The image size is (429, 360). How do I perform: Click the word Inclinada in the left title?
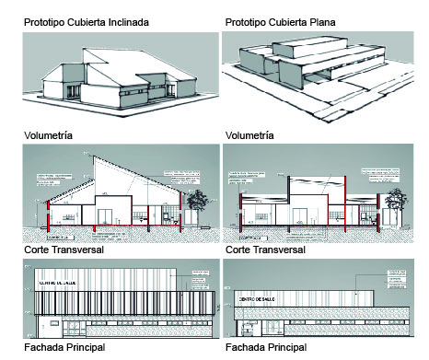point(149,21)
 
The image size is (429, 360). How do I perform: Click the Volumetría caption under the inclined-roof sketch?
point(47,135)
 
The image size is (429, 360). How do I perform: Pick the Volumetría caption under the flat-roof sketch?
point(249,135)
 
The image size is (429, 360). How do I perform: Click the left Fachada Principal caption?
point(64,347)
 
